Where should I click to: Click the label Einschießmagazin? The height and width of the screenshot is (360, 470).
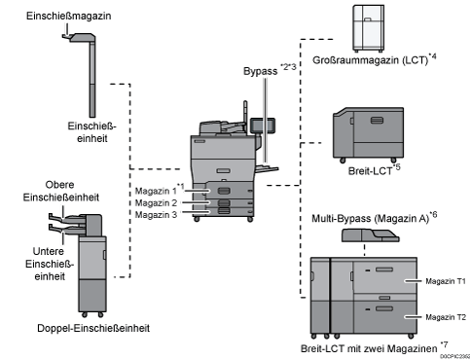coord(69,16)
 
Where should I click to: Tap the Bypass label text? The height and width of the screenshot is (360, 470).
coord(261,71)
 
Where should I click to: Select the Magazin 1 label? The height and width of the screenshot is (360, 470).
coord(156,191)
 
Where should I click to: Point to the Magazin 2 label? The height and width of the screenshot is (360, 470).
coord(156,203)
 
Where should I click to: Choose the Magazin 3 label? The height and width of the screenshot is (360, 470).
coord(156,215)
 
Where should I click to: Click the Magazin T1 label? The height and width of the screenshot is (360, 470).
coord(446,281)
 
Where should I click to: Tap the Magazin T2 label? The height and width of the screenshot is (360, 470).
coord(446,317)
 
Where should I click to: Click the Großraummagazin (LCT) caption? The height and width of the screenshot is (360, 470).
coord(370,60)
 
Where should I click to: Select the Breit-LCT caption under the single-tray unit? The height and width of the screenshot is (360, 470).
coord(370,171)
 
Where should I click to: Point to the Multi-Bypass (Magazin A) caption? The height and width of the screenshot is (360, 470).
coord(371,219)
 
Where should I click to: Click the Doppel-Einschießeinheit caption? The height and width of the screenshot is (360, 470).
coord(93,328)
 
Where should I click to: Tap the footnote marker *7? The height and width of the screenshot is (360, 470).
coord(444,344)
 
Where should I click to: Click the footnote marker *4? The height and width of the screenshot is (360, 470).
coord(432,56)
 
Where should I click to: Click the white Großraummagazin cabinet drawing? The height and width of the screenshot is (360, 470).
coord(369,28)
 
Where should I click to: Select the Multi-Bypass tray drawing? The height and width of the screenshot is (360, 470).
coord(371,235)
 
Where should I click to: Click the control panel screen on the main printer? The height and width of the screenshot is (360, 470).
coord(263,126)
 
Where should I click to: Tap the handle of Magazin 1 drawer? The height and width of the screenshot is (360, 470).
coord(224,191)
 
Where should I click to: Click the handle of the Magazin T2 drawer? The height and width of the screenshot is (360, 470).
coord(384,308)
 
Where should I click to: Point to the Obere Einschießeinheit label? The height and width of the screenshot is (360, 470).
coord(61,191)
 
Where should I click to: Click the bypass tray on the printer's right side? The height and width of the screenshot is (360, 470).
coord(267,168)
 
